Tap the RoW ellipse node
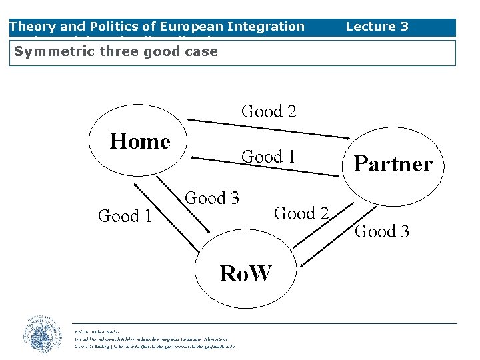(246, 272)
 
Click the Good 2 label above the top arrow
(269, 111)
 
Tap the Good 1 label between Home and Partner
(269, 157)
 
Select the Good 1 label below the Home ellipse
(125, 216)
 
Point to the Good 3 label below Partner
(382, 231)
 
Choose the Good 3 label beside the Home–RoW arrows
(212, 198)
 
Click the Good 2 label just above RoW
(301, 213)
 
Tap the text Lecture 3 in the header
(377, 27)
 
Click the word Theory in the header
(32, 27)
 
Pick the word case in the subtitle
(202, 51)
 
